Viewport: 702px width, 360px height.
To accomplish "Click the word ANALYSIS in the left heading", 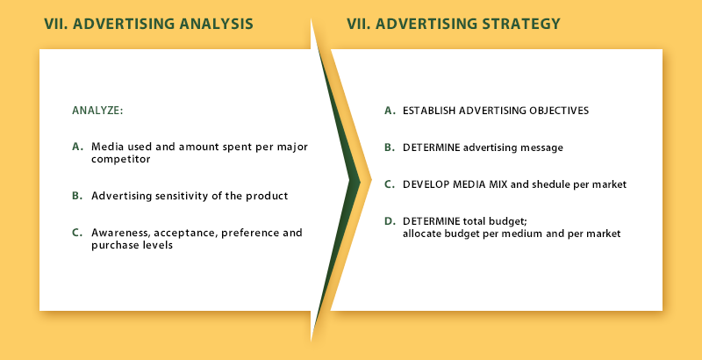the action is [x=216, y=24].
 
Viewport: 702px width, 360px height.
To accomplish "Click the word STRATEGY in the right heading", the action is [x=521, y=24].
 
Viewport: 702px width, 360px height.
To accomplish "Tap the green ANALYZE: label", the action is [x=97, y=111].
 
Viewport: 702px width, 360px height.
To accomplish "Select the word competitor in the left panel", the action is [x=120, y=160].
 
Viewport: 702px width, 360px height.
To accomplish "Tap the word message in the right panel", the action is [x=543, y=148].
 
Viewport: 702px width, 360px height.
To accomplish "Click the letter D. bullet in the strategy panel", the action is [x=390, y=220].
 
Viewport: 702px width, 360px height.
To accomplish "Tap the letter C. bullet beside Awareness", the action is [x=77, y=233].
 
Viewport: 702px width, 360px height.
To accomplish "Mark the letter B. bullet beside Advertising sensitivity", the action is [x=77, y=196].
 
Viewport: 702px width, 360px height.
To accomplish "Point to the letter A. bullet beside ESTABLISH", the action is [x=390, y=111].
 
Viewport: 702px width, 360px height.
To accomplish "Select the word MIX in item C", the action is [x=498, y=184].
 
